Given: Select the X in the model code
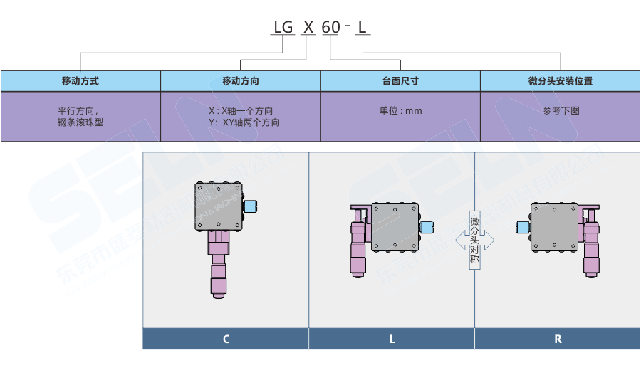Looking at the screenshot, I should coord(308,28).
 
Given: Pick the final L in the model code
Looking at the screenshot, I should coord(363,28).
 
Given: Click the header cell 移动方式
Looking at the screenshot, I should coord(80,81).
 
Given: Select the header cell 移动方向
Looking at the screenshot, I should coord(241,81).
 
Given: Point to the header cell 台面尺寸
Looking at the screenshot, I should coord(400,81).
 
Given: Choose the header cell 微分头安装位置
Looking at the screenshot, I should coord(561,81).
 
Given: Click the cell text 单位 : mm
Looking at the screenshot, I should coord(400,111).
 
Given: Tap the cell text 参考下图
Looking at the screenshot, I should coord(561,111).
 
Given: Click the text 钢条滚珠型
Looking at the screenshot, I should coord(80,122).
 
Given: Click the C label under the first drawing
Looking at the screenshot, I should coord(226,339).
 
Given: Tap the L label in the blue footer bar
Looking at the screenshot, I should coord(392,339).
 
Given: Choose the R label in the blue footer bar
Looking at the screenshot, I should coord(558,339).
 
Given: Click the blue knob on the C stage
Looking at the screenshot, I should coord(250,206).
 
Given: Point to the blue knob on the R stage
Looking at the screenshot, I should coord(521,228).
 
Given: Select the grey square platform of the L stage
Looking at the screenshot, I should coord(395,227).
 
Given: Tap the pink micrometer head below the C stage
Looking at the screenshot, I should coord(218,267).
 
